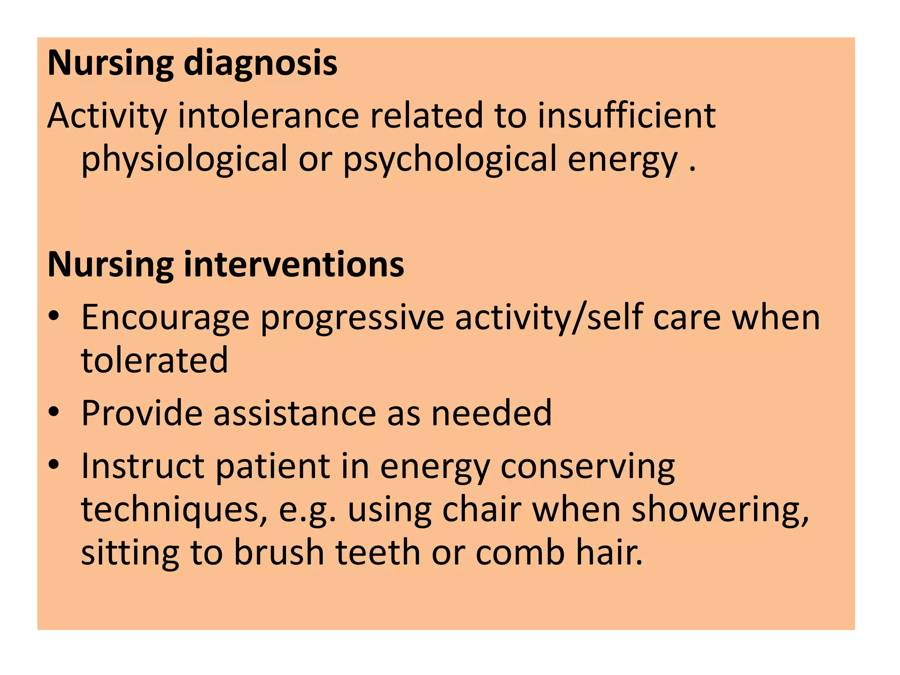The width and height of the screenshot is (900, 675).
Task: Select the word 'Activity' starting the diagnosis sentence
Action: click(x=107, y=116)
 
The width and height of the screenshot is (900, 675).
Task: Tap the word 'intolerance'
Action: click(x=269, y=116)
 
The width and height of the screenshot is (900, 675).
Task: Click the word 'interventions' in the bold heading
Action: click(x=294, y=265)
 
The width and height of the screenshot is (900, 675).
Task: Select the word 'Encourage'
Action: click(x=165, y=318)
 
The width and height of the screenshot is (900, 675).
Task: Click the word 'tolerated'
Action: click(x=155, y=360)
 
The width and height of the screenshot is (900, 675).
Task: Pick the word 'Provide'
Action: click(x=142, y=413)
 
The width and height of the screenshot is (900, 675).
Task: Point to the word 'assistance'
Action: click(x=294, y=413)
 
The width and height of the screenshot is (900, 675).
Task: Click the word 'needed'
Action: click(x=491, y=413)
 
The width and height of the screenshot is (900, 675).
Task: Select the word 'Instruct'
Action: click(x=143, y=466)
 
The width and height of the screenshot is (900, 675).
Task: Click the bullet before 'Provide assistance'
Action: click(x=54, y=412)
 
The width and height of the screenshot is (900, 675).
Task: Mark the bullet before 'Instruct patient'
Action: click(x=54, y=465)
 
